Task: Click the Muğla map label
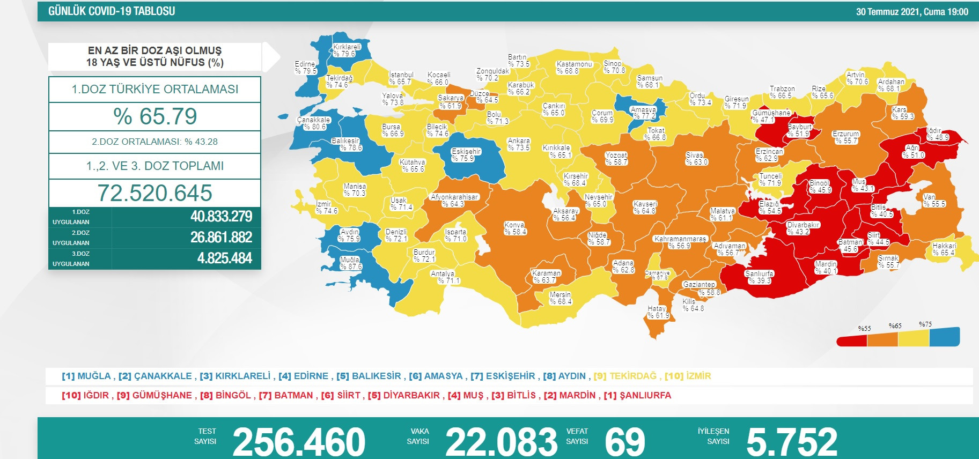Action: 350,263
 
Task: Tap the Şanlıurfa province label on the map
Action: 759,277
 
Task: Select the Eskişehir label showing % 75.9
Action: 466,155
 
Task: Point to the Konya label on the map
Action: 515,228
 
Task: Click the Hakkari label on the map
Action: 944,249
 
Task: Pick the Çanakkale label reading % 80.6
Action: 314,123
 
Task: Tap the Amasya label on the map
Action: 643,113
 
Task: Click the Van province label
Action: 934,201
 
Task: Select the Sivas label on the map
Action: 696,159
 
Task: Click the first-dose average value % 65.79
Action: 155,116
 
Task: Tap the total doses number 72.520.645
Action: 155,193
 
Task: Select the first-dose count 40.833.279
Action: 221,217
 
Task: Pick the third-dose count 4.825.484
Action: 224,258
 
